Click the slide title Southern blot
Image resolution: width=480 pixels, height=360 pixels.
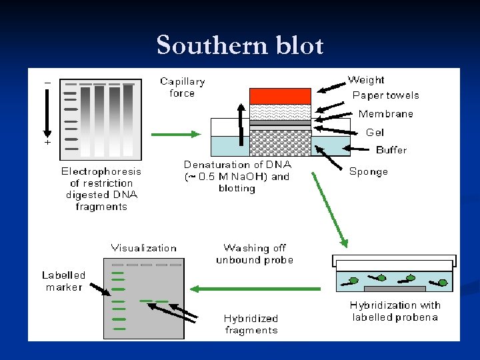tap(240, 45)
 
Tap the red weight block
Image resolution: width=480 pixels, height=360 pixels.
tap(280, 96)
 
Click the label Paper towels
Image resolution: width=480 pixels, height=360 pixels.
tap(385, 95)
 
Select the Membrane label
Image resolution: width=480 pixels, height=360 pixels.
tap(385, 114)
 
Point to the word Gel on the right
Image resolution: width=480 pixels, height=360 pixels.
tap(375, 133)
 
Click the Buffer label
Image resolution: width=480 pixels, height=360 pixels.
tap(391, 150)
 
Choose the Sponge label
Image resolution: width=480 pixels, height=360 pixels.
tap(368, 171)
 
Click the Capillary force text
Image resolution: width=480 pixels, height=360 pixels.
tap(182, 87)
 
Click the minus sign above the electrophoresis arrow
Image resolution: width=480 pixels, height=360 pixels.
tap(47, 82)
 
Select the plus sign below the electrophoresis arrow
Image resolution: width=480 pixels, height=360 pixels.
tap(47, 143)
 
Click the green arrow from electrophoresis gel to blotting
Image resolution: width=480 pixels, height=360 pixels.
tap(176, 135)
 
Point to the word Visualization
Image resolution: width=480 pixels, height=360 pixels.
tap(144, 248)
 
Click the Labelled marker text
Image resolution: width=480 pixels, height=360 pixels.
tap(64, 281)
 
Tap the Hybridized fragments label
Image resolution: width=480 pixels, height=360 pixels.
tap(251, 324)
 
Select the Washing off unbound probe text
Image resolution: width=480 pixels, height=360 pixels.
tap(255, 254)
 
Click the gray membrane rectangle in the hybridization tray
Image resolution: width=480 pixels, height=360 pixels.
tap(395, 289)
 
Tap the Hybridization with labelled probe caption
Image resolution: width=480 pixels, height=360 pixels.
tap(395, 311)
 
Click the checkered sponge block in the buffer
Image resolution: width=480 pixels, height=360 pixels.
tap(280, 143)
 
